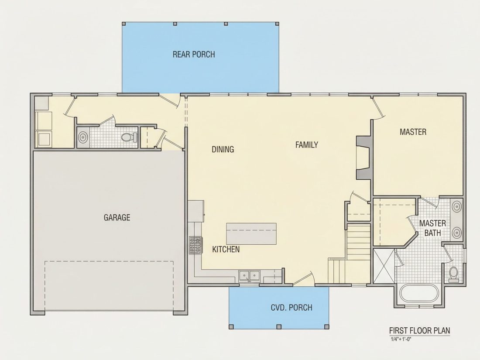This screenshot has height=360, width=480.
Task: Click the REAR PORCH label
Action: pyautogui.click(x=194, y=55)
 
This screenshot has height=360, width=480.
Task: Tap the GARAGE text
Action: pyautogui.click(x=117, y=217)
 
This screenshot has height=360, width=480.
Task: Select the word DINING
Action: pyautogui.click(x=223, y=149)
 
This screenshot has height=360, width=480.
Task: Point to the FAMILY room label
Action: pyautogui.click(x=307, y=145)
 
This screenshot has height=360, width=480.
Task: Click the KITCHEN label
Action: pyautogui.click(x=226, y=250)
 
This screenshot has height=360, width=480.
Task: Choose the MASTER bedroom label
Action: pyautogui.click(x=413, y=132)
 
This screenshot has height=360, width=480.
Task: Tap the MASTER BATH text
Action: pyautogui.click(x=432, y=228)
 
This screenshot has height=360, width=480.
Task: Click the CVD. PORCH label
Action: pyautogui.click(x=291, y=307)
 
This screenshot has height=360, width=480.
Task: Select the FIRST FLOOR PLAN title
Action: pyautogui.click(x=419, y=331)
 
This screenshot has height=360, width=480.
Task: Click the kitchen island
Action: pyautogui.click(x=251, y=234)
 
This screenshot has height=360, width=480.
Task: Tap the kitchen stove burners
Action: pyautogui.click(x=196, y=245)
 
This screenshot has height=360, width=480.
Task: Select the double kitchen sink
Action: pyautogui.click(x=249, y=276)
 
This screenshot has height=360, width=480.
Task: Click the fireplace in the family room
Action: pyautogui.click(x=363, y=158)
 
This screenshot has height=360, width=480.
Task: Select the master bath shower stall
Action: pyautogui.click(x=384, y=266)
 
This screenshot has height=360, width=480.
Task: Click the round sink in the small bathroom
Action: pyautogui.click(x=82, y=137)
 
